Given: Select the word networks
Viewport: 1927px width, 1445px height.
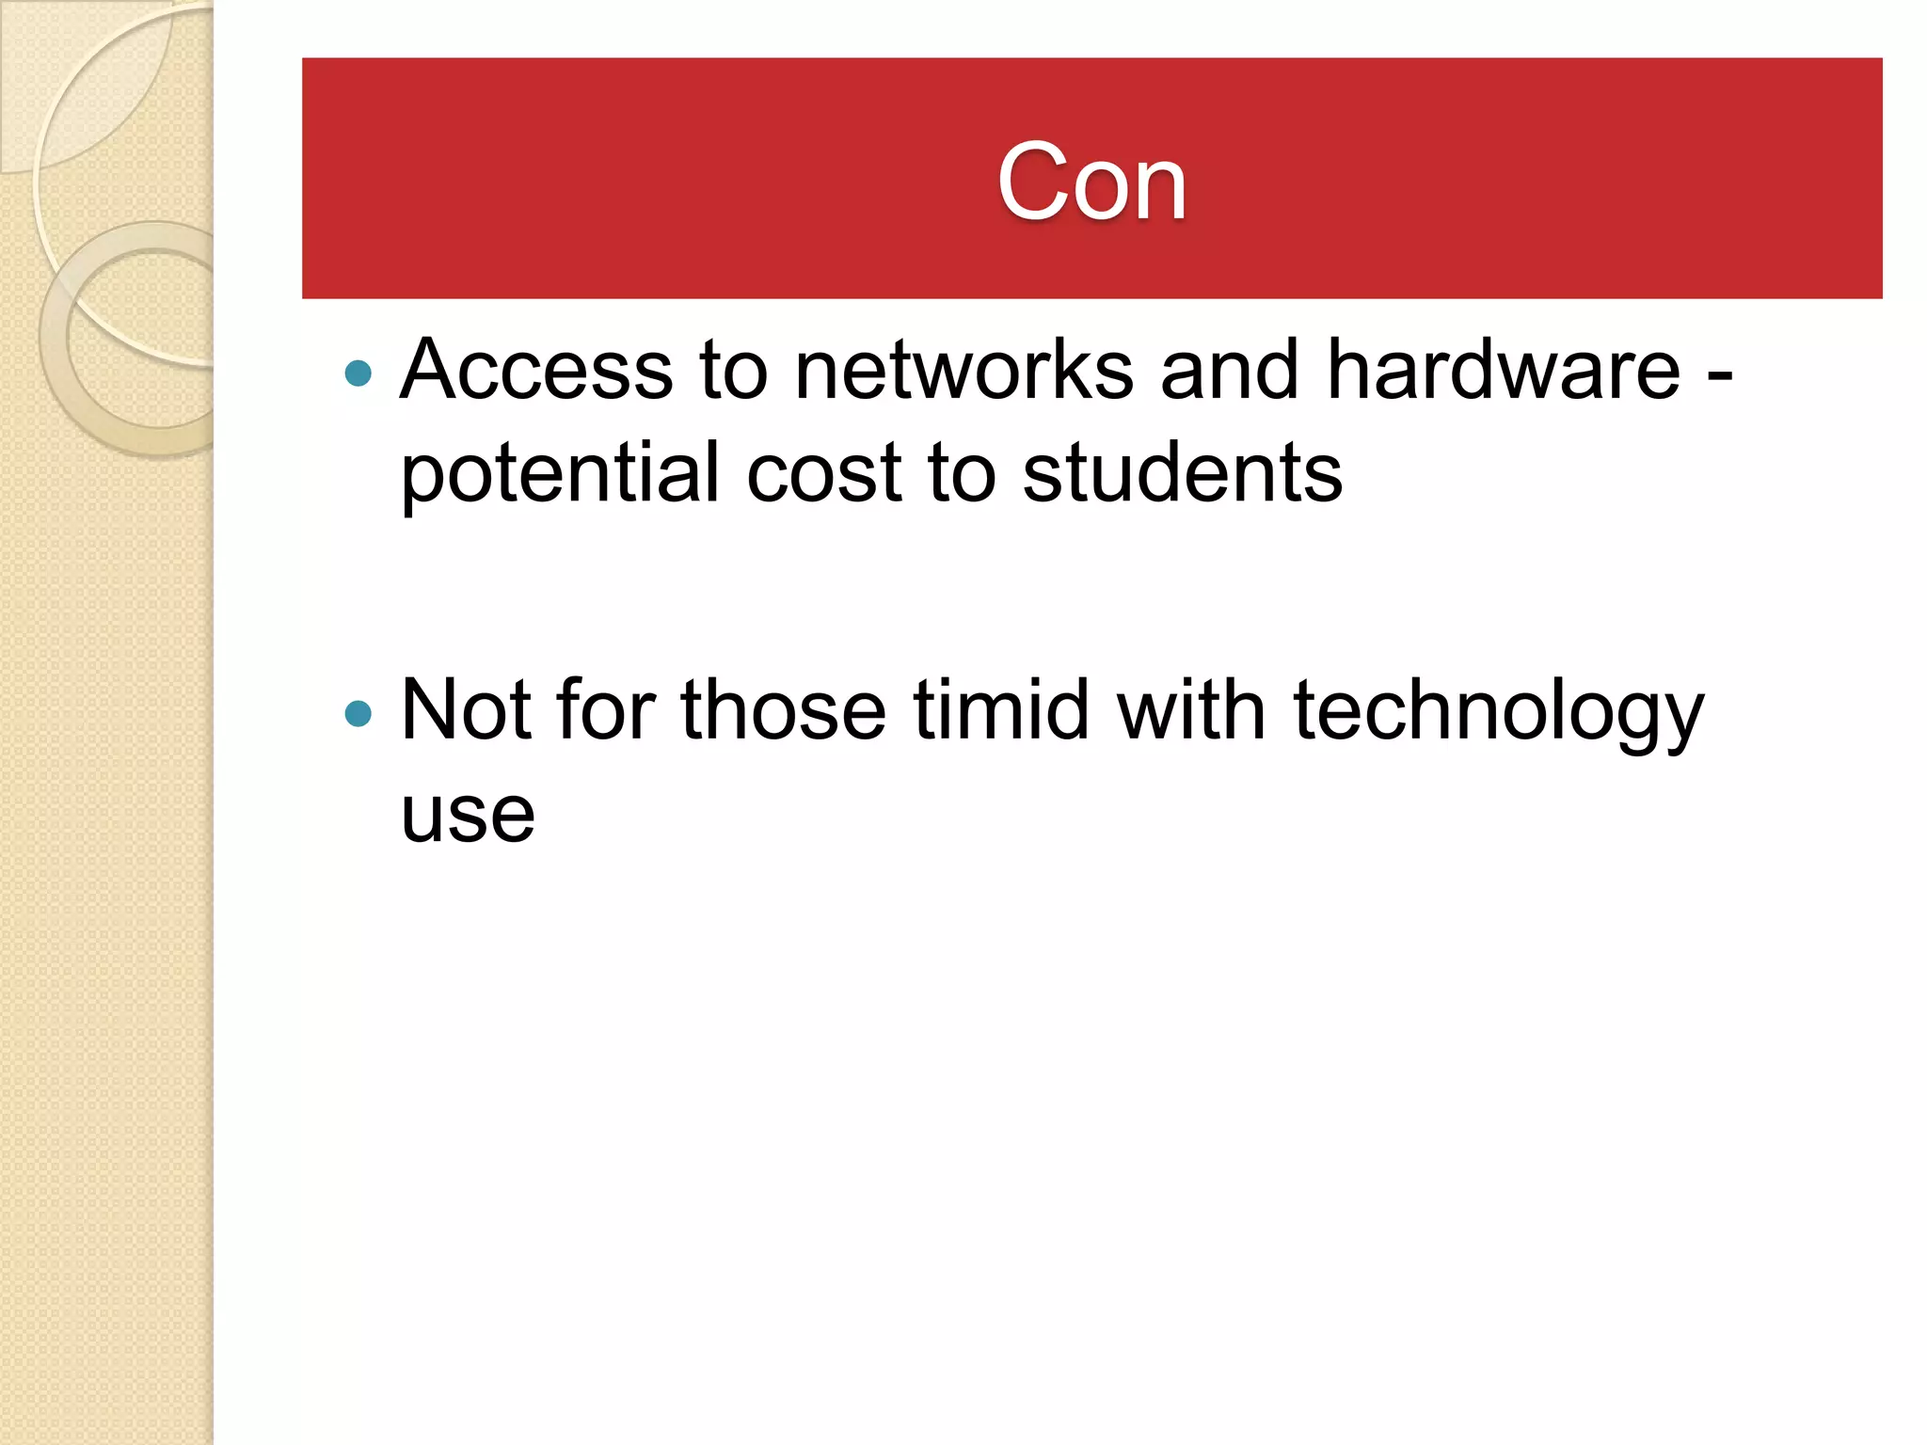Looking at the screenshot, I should coord(963,370).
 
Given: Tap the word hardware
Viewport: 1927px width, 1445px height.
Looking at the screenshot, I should coord(1503,370).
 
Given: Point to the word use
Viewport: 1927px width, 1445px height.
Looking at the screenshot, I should coord(468,815).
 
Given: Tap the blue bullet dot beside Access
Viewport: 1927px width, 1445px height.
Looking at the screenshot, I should coord(358,373).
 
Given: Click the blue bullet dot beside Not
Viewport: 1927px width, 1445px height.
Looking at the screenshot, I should coord(358,713).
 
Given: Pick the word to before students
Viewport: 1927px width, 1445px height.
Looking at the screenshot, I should coord(962,473).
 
